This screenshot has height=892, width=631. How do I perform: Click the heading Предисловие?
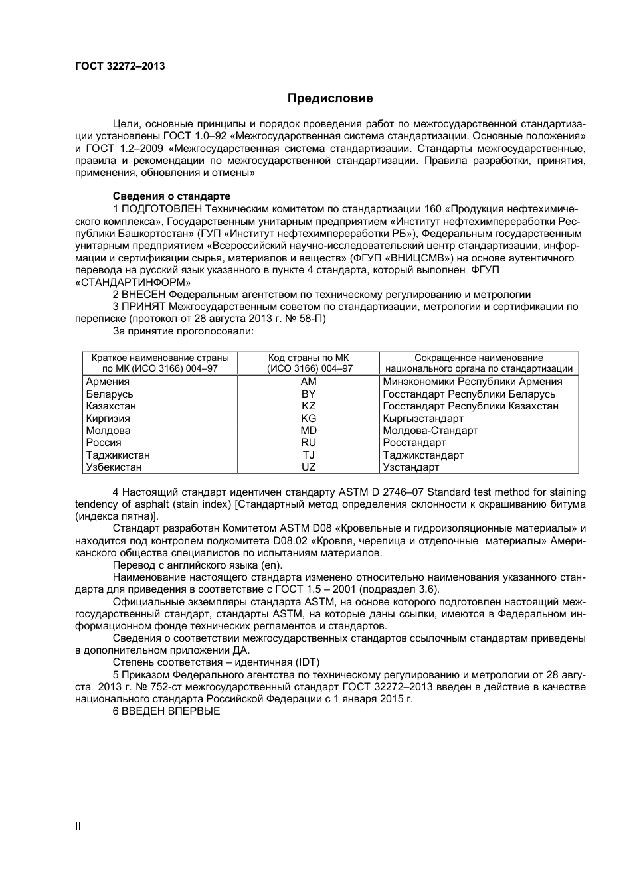point(330,98)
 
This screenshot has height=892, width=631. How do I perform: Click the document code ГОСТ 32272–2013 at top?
point(120,66)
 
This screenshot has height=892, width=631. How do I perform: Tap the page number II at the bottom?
point(78,826)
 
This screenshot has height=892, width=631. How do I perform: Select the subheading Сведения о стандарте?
point(171,196)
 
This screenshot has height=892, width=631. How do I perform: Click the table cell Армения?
point(108,382)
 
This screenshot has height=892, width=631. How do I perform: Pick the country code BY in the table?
point(308,394)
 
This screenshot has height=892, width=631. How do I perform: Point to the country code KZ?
point(308,406)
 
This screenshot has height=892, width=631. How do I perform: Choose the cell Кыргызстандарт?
point(423,419)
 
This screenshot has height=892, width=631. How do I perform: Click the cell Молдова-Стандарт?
point(430,431)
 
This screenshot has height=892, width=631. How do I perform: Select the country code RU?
point(308,443)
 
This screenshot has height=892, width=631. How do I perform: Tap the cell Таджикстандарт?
point(423,455)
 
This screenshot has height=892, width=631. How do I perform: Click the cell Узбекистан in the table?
point(114,467)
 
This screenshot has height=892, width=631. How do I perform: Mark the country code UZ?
point(308,467)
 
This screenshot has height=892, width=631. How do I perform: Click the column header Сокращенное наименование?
point(478,358)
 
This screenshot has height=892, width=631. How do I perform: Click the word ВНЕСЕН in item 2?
point(143,295)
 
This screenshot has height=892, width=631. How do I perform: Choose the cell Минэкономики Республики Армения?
point(472,382)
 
